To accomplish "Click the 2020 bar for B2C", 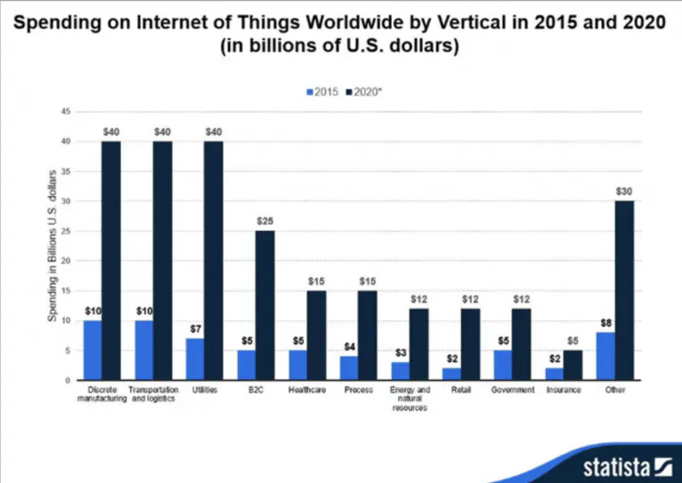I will (x=265, y=305).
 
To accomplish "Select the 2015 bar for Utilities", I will (x=194, y=359).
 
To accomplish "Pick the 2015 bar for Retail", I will (x=450, y=374).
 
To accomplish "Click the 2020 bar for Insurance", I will (x=572, y=365).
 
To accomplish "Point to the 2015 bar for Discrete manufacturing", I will (x=91, y=350).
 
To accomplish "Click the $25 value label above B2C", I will (x=265, y=220).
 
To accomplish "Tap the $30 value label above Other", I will (x=623, y=191).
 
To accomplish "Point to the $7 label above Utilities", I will (x=194, y=329).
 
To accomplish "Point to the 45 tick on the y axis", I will (x=66, y=112).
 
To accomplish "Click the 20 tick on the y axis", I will (x=66, y=261).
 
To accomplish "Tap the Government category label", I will (x=513, y=390).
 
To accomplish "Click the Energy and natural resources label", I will (x=408, y=399).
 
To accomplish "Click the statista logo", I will (x=627, y=466).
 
